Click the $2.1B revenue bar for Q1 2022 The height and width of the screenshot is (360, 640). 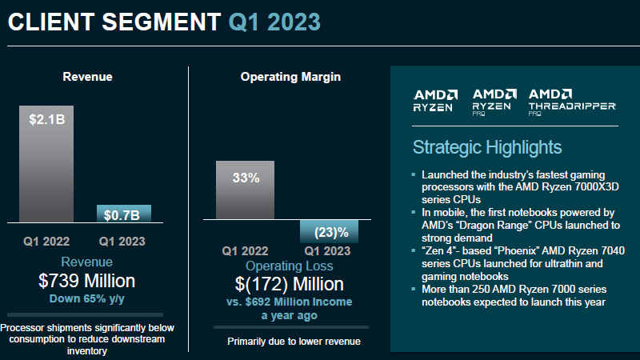[46, 164]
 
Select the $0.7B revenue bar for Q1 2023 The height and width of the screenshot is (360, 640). [123, 214]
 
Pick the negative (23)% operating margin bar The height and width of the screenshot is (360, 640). [329, 231]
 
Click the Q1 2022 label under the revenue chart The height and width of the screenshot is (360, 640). [46, 240]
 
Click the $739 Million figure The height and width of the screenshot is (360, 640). [87, 281]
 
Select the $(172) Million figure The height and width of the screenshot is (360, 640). [290, 284]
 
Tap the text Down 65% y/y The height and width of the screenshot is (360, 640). [87, 298]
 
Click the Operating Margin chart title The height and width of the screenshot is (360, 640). [290, 77]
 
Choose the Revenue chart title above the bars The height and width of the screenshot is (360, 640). [87, 77]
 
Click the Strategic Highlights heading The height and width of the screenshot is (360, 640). [486, 147]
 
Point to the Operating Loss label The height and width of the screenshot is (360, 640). [290, 266]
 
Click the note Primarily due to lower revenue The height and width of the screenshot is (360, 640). [294, 342]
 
